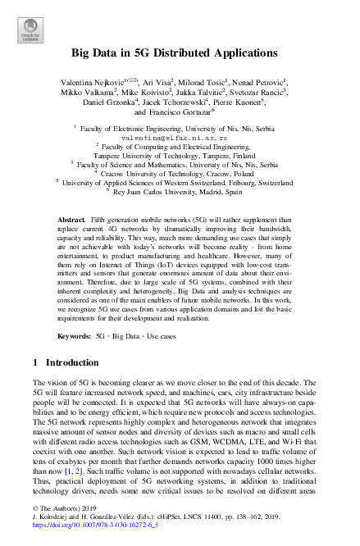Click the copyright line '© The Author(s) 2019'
coord(66,510)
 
